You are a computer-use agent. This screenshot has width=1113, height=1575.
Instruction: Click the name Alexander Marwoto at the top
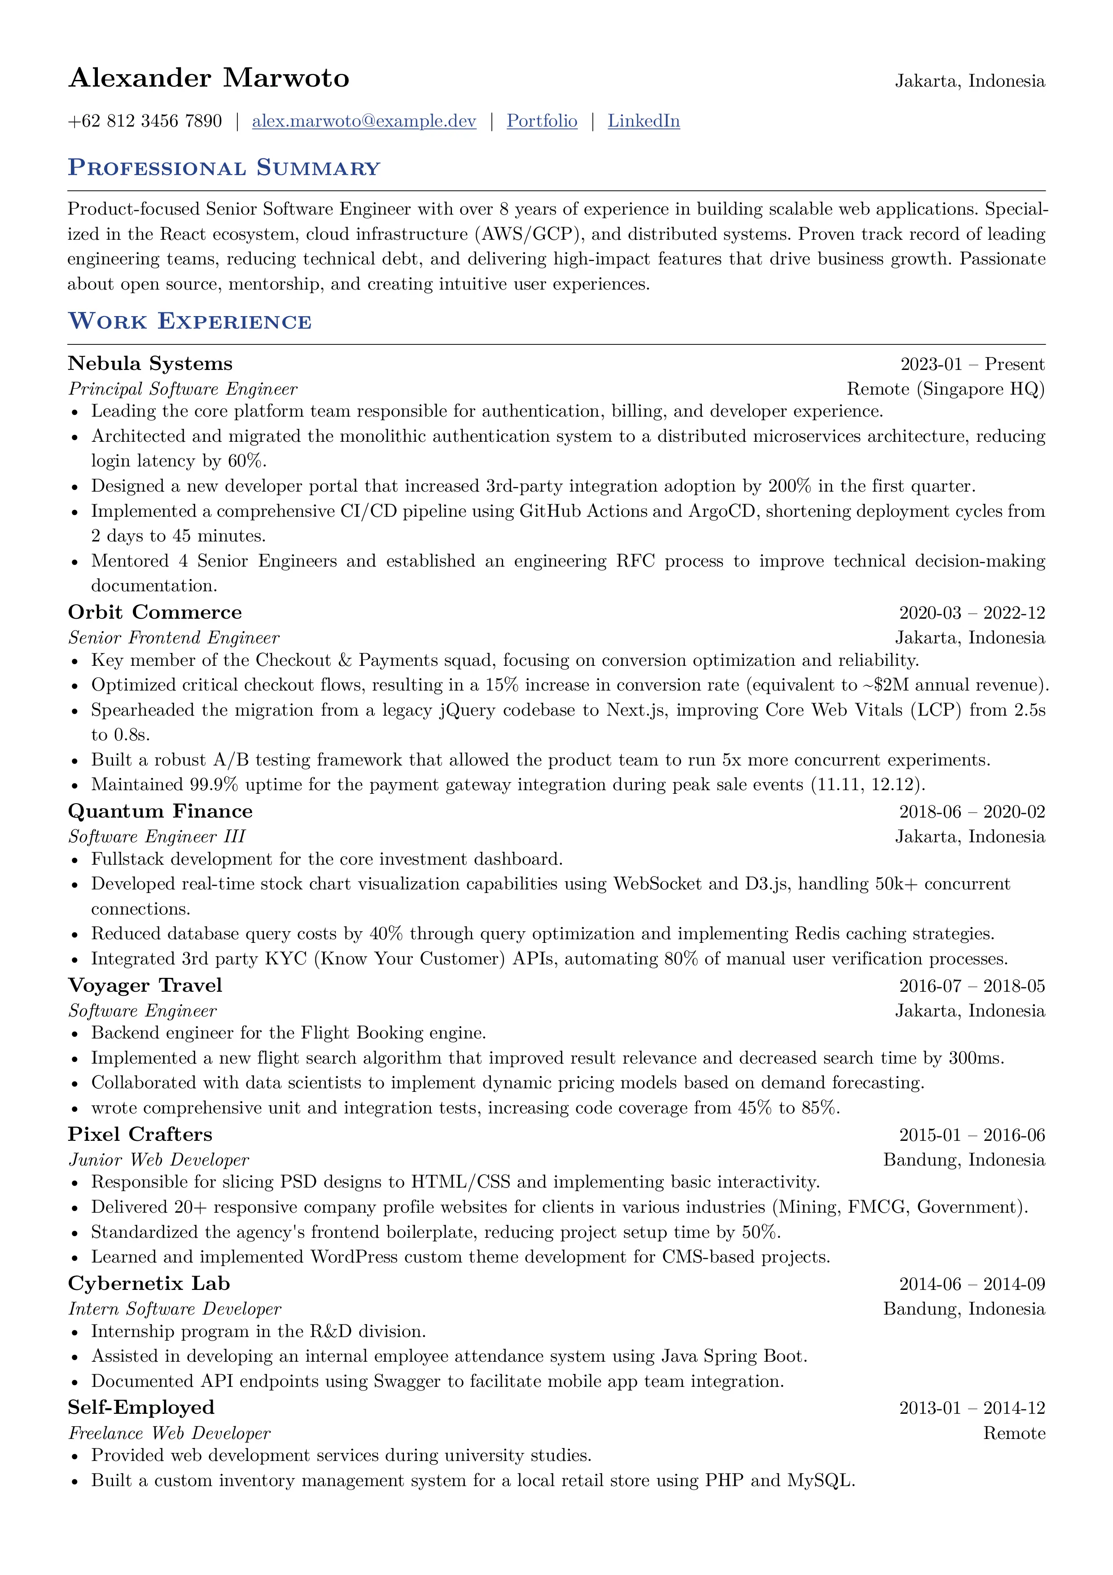[209, 78]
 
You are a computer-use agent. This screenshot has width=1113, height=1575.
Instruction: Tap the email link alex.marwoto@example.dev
[364, 121]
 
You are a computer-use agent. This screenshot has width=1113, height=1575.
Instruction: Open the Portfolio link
[542, 121]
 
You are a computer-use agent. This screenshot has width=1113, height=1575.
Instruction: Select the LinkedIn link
[643, 121]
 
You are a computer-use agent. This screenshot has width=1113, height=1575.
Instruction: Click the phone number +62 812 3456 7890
[145, 121]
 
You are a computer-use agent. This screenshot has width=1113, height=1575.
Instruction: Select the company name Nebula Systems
[150, 364]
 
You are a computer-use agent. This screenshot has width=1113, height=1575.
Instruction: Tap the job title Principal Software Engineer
[182, 389]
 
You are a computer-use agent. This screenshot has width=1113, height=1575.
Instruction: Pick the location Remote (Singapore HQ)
[945, 389]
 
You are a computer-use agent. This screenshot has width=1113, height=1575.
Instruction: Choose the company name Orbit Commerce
[154, 612]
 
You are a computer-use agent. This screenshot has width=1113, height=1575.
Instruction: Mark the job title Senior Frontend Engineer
[174, 638]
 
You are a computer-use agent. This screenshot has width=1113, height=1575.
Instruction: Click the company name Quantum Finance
[160, 811]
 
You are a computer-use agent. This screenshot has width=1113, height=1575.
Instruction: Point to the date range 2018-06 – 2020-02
[972, 812]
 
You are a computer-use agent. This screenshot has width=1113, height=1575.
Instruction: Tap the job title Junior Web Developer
[158, 1160]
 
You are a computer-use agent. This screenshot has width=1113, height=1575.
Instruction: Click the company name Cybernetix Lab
[149, 1284]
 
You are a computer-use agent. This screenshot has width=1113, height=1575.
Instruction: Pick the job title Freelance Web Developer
[169, 1433]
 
